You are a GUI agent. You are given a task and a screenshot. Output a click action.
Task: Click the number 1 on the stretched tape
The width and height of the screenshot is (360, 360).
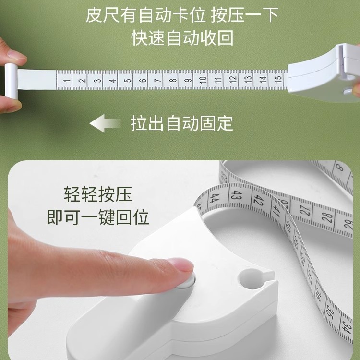click(66, 80)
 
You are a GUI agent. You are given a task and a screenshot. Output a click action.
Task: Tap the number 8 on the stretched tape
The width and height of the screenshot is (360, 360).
click(172, 80)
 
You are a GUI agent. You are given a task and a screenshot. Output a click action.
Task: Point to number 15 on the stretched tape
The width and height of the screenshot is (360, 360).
click(277, 79)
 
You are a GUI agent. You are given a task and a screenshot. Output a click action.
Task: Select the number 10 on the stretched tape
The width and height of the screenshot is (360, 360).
click(203, 80)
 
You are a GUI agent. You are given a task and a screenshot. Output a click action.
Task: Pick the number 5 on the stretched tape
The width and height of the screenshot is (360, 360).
click(127, 80)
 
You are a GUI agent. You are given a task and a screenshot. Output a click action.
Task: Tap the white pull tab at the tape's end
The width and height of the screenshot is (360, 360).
click(11, 82)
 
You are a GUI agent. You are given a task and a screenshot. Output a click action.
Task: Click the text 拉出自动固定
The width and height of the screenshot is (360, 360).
click(182, 123)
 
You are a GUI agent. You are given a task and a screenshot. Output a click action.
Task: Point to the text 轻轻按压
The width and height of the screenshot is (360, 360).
click(97, 195)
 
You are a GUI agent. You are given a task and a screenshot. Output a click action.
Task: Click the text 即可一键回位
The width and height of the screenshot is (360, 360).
click(97, 217)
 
